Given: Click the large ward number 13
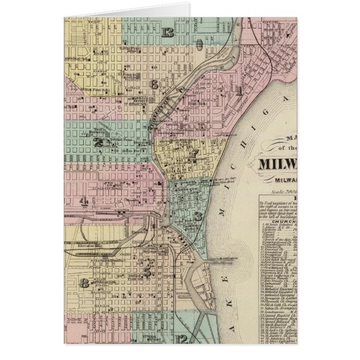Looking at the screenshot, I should (167, 32).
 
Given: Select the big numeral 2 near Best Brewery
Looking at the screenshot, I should (100, 143).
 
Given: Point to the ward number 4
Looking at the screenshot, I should (84, 201).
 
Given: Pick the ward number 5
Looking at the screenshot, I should (147, 272).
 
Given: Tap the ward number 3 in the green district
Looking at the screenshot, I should (197, 216).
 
